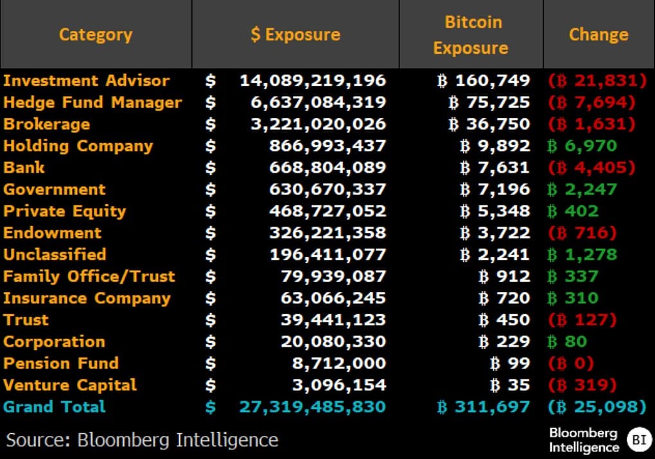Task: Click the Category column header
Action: click(x=96, y=34)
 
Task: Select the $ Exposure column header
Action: click(x=295, y=34)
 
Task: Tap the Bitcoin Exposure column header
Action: click(x=471, y=35)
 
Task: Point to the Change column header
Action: click(x=598, y=34)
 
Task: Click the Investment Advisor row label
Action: click(x=87, y=81)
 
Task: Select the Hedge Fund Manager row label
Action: click(x=92, y=103)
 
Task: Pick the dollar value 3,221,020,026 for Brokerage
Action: click(x=318, y=125)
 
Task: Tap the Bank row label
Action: click(x=24, y=168)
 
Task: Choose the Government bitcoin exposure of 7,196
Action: click(x=495, y=189)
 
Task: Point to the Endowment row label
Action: click(x=53, y=233)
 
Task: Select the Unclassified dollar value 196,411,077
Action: click(x=327, y=255)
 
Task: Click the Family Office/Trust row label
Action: click(x=89, y=277)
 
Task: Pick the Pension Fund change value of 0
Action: click(x=571, y=363)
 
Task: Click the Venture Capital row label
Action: click(x=70, y=385)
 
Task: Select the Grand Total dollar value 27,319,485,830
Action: click(x=313, y=407)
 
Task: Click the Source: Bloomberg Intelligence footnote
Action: click(x=143, y=440)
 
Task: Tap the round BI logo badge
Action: click(x=637, y=440)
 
